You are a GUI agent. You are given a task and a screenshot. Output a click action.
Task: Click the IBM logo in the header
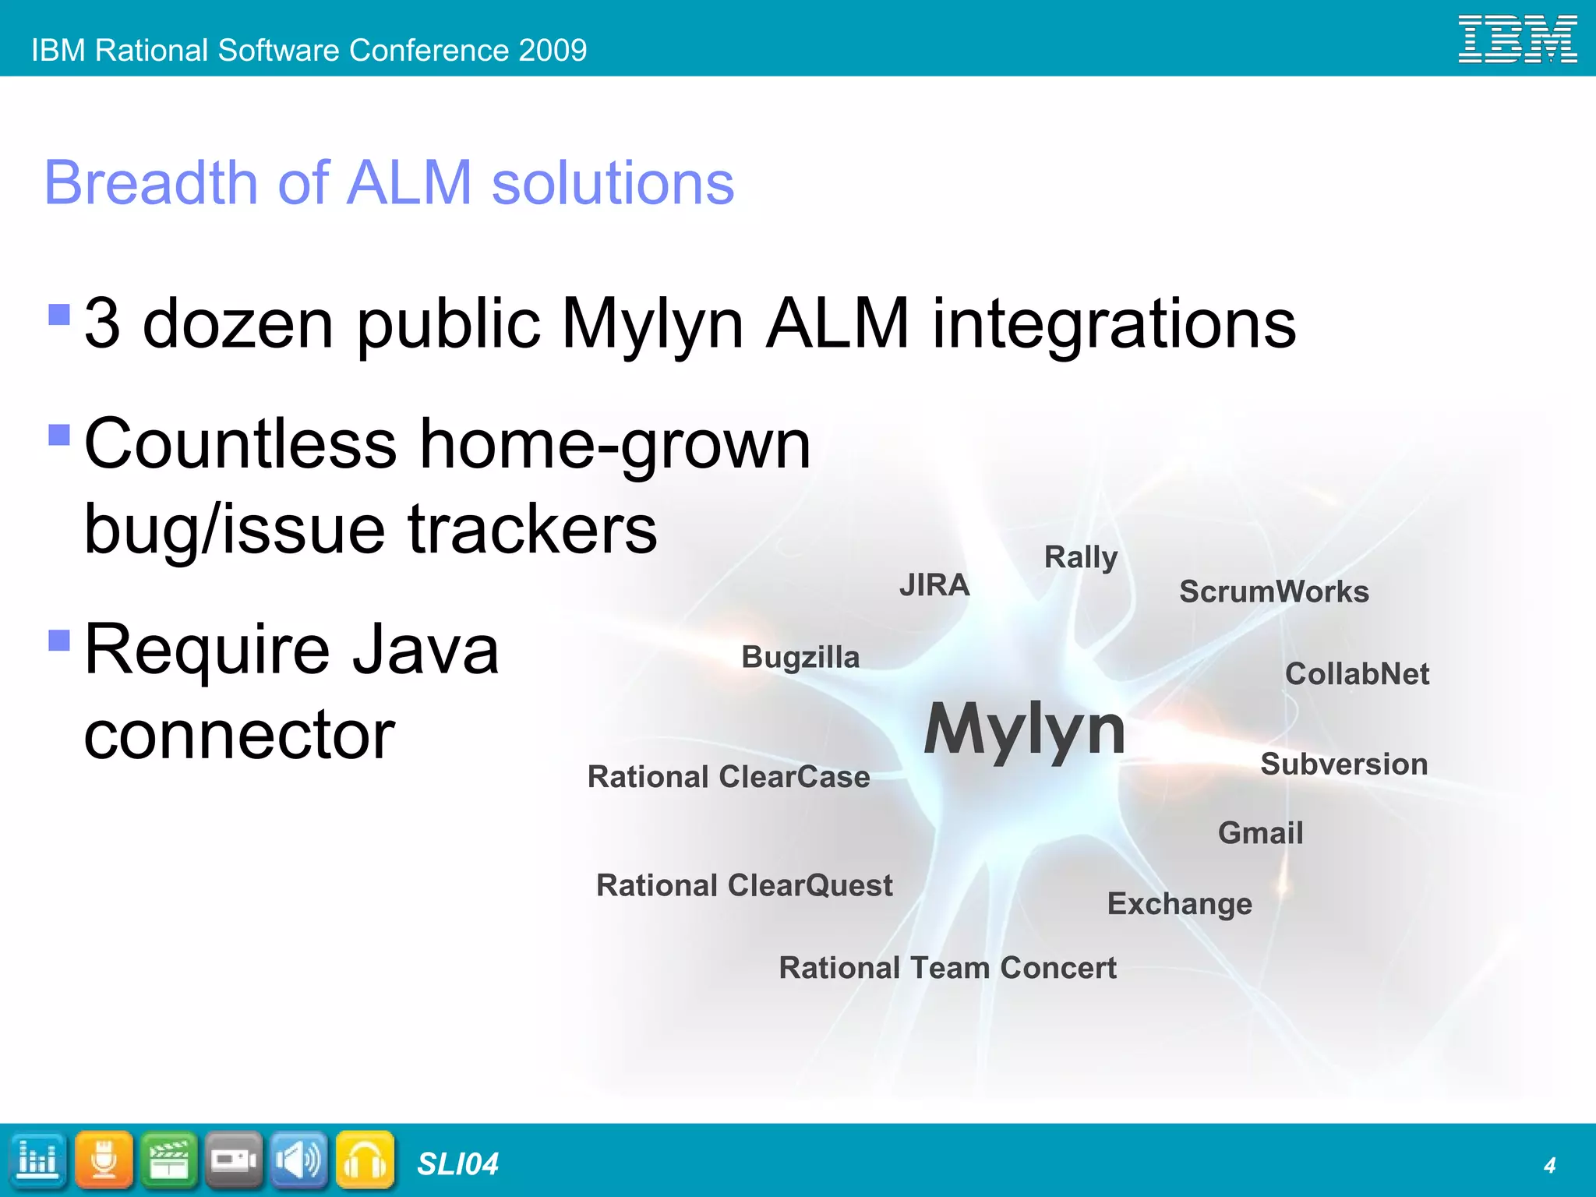(1517, 40)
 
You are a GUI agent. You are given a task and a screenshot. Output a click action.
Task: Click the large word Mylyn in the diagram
(1024, 729)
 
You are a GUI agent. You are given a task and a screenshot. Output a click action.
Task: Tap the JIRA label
(934, 584)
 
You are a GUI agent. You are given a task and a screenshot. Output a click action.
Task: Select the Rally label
(1081, 558)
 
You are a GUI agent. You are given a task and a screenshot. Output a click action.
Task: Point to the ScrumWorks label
(1273, 591)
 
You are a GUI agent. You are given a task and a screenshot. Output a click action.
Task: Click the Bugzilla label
(800, 657)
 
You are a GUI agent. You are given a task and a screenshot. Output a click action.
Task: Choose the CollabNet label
(1357, 674)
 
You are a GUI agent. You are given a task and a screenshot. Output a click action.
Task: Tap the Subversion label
(1344, 764)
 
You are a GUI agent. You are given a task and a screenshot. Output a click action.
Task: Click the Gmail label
(1260, 833)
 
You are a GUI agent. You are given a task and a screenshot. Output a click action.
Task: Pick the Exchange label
(1179, 904)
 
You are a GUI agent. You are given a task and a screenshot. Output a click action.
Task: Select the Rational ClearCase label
(728, 777)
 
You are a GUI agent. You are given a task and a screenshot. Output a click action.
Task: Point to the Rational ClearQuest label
(744, 885)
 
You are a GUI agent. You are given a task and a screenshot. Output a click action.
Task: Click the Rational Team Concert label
(948, 968)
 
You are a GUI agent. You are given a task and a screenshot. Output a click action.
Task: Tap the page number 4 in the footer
(1549, 1165)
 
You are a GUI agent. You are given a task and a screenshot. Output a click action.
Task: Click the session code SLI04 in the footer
(457, 1164)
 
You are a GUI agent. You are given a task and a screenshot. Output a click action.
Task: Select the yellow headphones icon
(365, 1160)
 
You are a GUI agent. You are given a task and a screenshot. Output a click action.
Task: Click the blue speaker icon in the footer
(299, 1160)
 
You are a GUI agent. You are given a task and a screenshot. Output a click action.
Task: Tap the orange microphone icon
(104, 1160)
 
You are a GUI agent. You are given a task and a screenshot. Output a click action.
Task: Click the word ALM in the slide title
(410, 183)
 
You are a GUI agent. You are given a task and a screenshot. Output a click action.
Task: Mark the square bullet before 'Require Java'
(59, 640)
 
